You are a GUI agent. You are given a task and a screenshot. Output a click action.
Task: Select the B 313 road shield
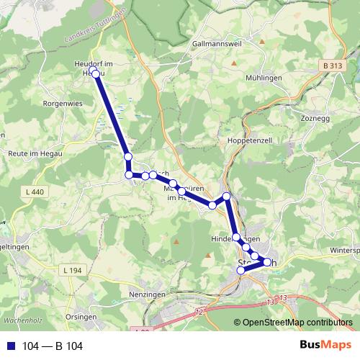331,66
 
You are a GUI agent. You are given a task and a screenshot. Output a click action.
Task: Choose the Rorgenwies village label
44,103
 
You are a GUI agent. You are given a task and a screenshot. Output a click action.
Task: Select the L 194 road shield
73,269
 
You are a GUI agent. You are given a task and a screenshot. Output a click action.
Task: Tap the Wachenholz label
20,318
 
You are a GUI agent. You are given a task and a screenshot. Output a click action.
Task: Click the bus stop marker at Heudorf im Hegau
96,74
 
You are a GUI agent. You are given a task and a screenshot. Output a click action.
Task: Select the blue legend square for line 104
11,346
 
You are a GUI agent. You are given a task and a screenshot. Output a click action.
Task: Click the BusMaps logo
325,346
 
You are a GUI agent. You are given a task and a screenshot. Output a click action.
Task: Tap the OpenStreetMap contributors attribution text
297,323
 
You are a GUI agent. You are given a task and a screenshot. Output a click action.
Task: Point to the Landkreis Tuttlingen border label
96,25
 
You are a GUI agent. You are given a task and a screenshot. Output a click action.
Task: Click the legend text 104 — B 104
52,346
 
